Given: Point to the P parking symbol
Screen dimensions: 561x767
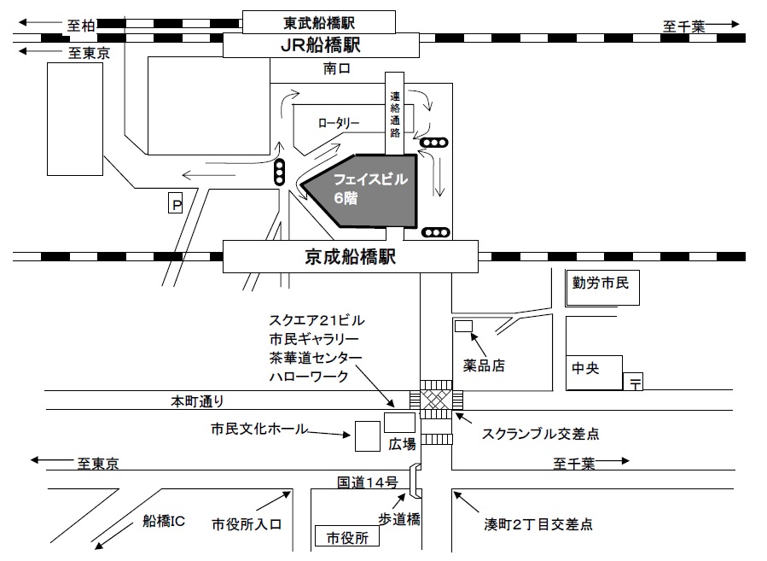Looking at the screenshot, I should click(x=177, y=204).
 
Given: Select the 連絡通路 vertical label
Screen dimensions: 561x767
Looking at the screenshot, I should click(x=394, y=114).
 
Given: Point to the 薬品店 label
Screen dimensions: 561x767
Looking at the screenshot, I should click(x=485, y=365).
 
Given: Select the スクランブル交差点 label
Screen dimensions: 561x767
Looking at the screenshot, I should click(x=540, y=434).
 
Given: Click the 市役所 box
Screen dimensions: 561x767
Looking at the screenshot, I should click(x=346, y=537).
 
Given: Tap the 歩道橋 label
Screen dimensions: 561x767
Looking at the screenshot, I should click(x=398, y=518).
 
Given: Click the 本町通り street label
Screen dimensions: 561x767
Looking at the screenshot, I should click(x=196, y=400).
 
